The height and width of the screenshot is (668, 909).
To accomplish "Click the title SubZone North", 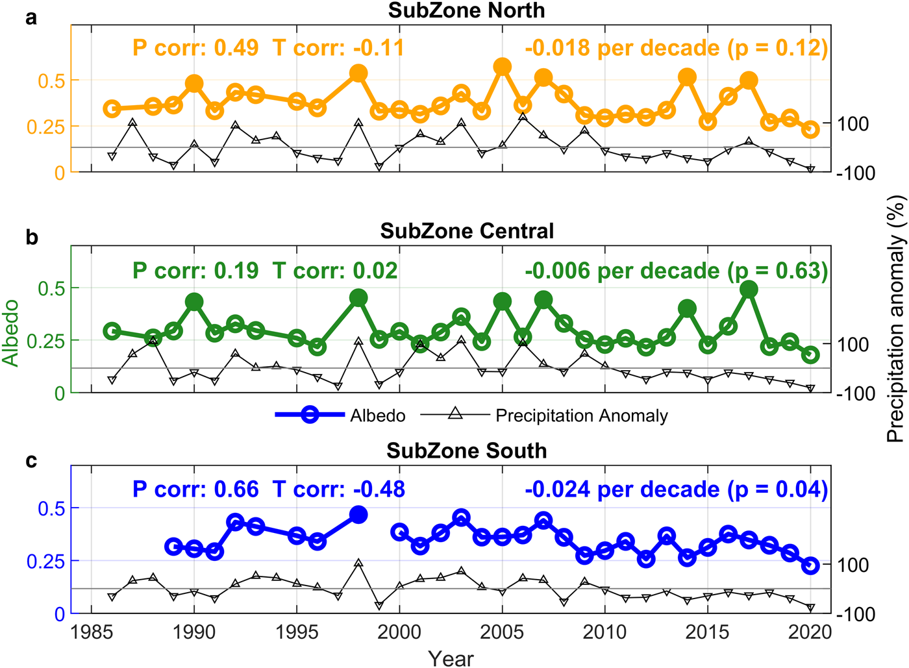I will [466, 10].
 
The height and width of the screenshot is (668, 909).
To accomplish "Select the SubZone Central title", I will [466, 231].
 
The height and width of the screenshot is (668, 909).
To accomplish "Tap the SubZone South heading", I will [466, 451].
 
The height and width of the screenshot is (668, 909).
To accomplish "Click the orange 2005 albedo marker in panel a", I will [502, 66].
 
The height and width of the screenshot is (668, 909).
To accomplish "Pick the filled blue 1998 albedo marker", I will [358, 515].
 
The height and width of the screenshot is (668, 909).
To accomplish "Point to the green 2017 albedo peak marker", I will [749, 290].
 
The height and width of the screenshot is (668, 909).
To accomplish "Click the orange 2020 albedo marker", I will [810, 130].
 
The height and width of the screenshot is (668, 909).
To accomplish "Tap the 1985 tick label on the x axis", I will [92, 632].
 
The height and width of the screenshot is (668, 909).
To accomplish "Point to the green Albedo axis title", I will [10, 332].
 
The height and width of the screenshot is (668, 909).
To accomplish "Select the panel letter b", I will [32, 238].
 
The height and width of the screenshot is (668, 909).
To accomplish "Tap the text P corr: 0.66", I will [195, 489].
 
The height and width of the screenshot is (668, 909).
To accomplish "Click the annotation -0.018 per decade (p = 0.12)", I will [676, 48].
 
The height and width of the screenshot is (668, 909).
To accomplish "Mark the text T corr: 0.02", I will [335, 270].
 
